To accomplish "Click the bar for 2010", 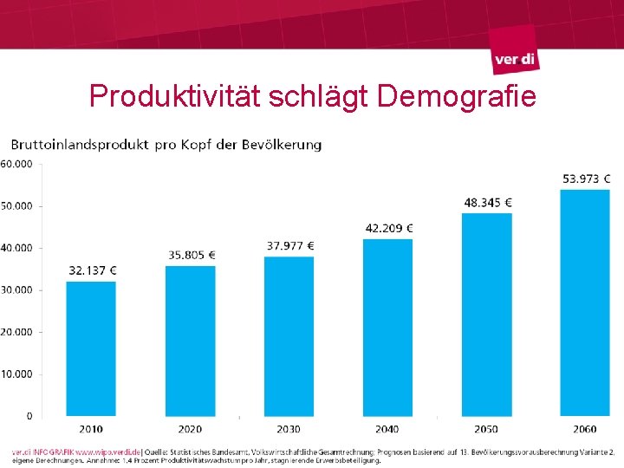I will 91,348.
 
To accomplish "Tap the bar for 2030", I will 289,336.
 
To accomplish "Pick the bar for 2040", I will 388,328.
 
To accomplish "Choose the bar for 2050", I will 487,315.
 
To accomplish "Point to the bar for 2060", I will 586,302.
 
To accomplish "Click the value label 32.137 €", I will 93,270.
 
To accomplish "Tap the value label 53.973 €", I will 587,179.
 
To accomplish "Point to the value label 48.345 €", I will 488,203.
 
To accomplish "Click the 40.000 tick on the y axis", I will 16,248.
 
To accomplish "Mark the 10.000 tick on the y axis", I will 16,374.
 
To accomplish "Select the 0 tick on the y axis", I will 29,417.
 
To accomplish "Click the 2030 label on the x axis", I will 289,429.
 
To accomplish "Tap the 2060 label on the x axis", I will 586,429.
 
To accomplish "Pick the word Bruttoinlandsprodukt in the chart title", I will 80,145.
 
